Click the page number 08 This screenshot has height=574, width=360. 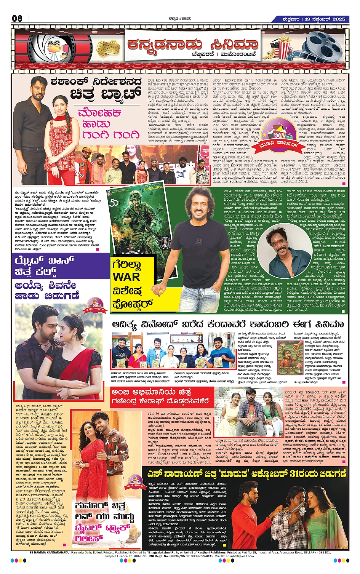coord(17,18)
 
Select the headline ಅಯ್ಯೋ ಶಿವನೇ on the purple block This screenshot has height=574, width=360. coord(45,285)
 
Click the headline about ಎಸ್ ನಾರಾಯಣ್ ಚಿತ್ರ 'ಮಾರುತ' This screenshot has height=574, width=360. coord(246,474)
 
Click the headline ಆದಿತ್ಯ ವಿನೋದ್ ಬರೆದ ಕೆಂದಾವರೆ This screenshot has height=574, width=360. coord(228,325)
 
